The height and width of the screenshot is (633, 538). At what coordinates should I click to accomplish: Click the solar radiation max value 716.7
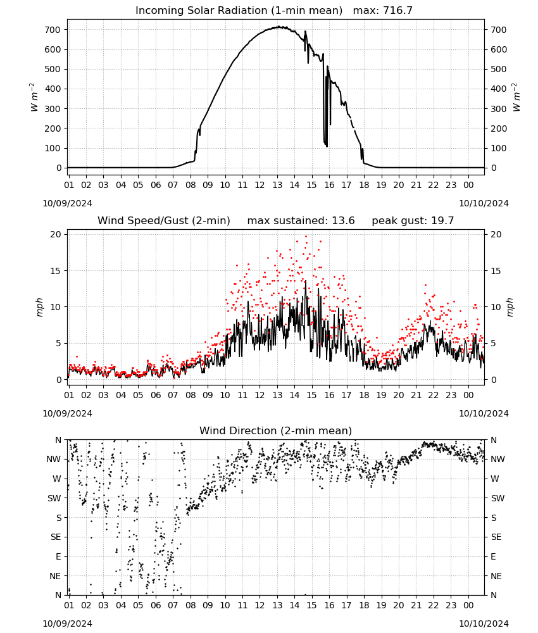397,10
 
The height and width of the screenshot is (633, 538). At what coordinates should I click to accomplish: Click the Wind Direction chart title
276,430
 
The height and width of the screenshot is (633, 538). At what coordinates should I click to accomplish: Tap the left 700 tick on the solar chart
53,30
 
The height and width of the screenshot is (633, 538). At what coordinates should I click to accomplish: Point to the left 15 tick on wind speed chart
56,271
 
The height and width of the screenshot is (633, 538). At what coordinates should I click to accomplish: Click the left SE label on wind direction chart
56,537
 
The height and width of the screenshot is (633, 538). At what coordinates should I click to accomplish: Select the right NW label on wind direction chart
497,459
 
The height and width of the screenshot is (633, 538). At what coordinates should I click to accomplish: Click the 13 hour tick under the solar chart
277,185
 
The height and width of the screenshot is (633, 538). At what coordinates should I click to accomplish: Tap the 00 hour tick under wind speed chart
468,395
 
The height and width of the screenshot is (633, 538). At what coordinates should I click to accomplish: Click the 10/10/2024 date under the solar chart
484,203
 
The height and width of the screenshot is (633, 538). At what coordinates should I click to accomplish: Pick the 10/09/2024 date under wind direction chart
67,624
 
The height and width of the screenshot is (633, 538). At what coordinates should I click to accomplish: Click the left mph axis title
39,307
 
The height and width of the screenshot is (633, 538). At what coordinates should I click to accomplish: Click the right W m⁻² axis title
516,97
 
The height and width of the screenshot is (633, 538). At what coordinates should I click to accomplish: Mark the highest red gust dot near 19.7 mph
306,237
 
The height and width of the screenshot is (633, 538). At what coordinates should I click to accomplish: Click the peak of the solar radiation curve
278,27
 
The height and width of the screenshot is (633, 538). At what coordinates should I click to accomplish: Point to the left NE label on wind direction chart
55,576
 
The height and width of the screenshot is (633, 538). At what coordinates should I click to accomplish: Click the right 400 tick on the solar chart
499,89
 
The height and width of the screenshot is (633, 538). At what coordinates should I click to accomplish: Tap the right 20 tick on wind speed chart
496,234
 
